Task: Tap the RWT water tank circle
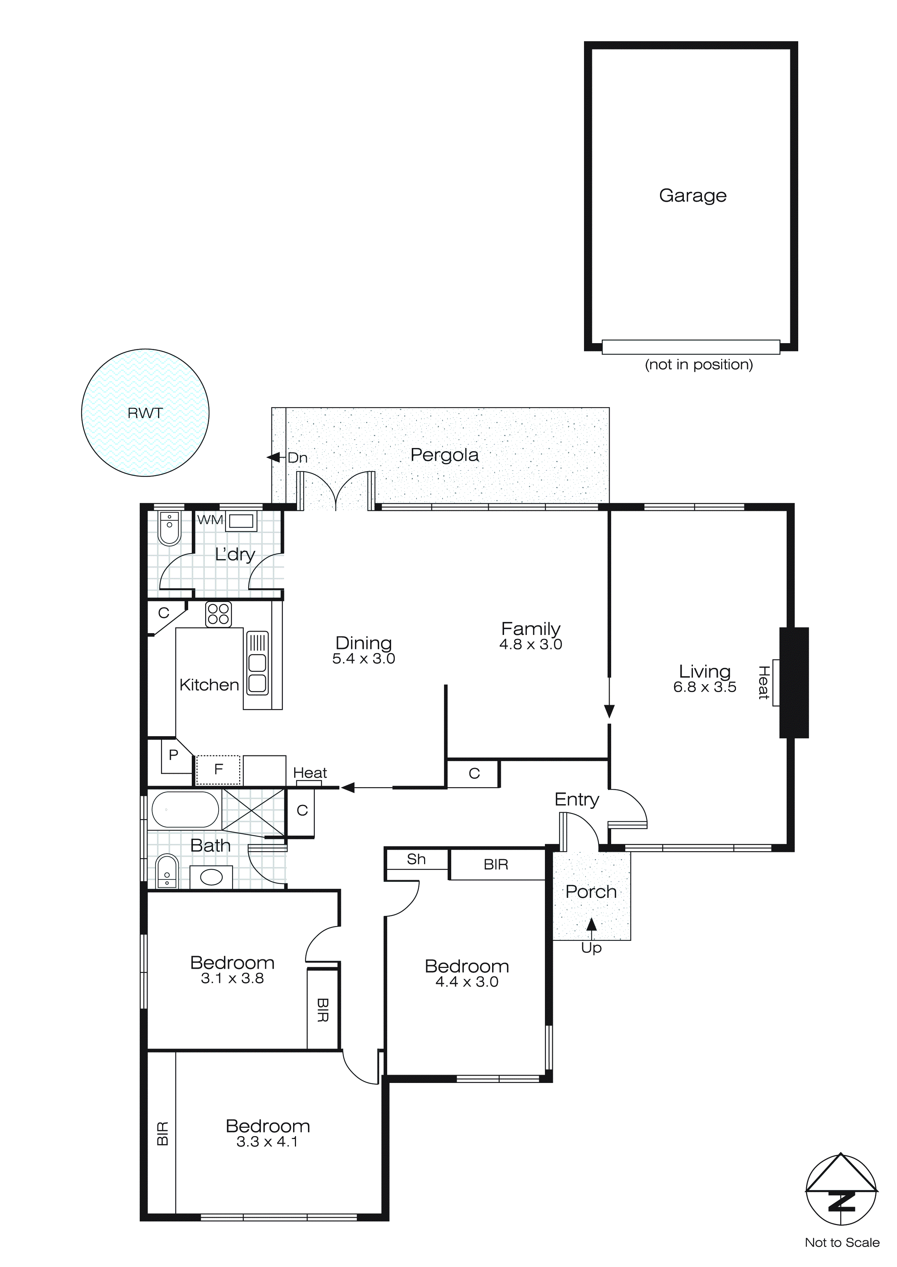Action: pos(145,413)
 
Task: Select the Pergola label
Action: pos(445,455)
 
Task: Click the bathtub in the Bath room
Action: pos(185,810)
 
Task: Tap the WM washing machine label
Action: pos(210,520)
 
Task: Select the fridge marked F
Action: pos(219,769)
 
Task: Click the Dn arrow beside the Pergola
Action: pos(274,457)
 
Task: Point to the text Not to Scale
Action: pos(842,1243)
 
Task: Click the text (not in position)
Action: pos(699,365)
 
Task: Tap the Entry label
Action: pos(577,799)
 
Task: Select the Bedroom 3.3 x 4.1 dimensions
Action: pos(267,1142)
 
